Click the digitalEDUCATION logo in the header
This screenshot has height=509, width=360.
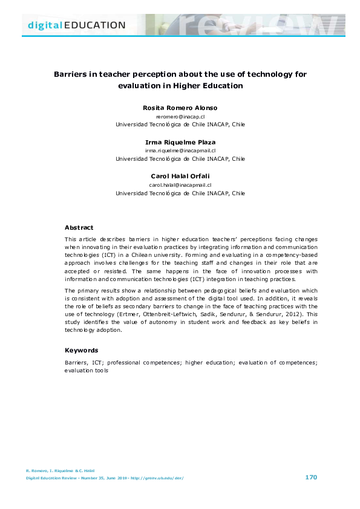point(76,25)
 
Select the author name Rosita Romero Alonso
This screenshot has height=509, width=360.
point(180,108)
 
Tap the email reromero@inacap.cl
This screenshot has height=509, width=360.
point(180,116)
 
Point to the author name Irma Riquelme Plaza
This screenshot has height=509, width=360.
point(180,142)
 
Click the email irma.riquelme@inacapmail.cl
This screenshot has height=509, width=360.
point(180,151)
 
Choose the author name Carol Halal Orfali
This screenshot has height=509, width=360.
point(180,177)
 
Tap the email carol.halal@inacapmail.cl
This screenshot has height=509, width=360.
point(180,185)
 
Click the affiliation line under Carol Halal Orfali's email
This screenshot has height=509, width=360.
point(180,193)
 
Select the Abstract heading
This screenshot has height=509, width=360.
point(79,228)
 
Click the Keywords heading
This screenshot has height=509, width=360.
point(81,350)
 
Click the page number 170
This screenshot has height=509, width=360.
point(311,478)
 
